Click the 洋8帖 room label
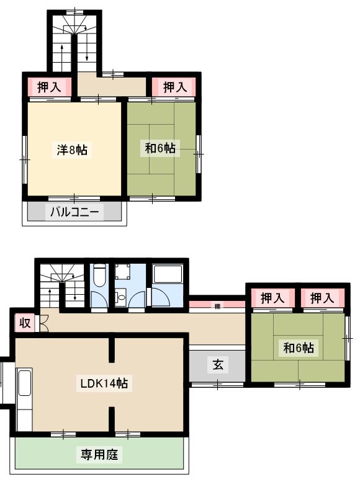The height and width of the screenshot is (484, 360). click(x=72, y=150)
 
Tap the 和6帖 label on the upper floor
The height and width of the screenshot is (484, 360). click(x=160, y=148)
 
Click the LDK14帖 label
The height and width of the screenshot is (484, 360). click(x=104, y=384)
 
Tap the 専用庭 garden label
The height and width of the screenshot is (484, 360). click(x=99, y=455)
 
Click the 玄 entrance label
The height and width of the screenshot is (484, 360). click(x=218, y=365)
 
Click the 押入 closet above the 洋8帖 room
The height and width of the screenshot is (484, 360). click(x=49, y=87)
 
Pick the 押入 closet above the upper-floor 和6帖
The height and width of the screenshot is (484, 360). click(x=174, y=87)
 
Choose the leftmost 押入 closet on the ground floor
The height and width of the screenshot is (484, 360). click(x=272, y=298)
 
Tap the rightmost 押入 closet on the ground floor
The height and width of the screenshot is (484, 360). click(x=322, y=298)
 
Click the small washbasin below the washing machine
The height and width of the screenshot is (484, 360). click(x=121, y=298)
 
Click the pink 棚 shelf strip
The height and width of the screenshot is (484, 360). click(x=218, y=305)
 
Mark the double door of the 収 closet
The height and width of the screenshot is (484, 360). click(x=42, y=323)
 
